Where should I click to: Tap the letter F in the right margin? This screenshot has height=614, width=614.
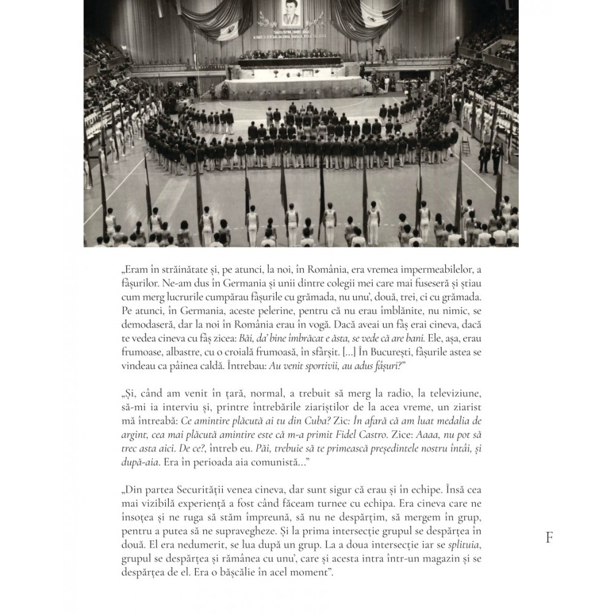[x=549, y=538]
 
